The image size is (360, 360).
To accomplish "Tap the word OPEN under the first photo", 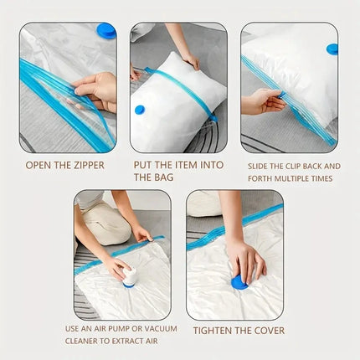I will click(x=39, y=165).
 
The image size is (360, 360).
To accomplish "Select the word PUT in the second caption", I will click(x=144, y=165).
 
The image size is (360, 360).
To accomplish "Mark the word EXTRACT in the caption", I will click(x=131, y=342).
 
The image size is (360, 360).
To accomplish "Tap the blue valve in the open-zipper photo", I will click(x=106, y=31).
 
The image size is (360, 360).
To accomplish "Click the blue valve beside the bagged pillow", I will click(x=140, y=110).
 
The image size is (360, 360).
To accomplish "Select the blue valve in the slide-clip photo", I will click(x=332, y=49).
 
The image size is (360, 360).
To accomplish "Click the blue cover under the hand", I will click(x=239, y=282).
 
